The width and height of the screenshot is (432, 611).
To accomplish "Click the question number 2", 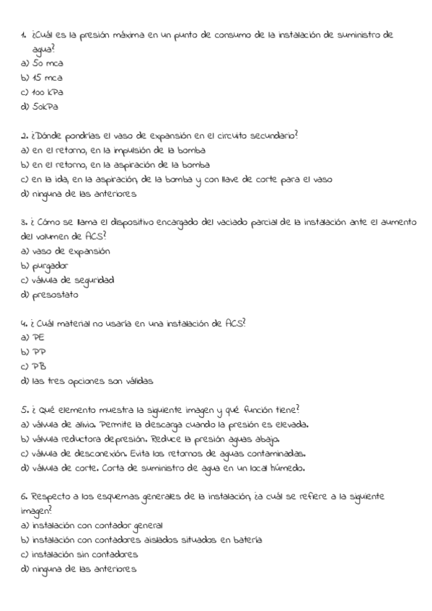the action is click(24, 135).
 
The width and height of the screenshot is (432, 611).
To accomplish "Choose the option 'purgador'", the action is click(51, 266).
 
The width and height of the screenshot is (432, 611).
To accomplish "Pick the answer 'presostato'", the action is click(55, 295).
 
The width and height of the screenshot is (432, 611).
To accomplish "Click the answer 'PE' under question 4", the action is click(38, 338).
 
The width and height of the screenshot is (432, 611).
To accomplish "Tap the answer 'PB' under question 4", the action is click(38, 367).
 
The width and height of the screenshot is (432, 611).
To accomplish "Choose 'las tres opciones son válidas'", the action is click(92, 381).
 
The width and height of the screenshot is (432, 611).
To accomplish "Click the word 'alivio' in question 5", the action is click(87, 425).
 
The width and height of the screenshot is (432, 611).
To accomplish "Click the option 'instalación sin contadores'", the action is click(84, 555).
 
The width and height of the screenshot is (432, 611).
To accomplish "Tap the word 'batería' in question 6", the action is click(246, 540).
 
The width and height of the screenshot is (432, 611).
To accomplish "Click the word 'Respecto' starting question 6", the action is click(51, 497).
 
